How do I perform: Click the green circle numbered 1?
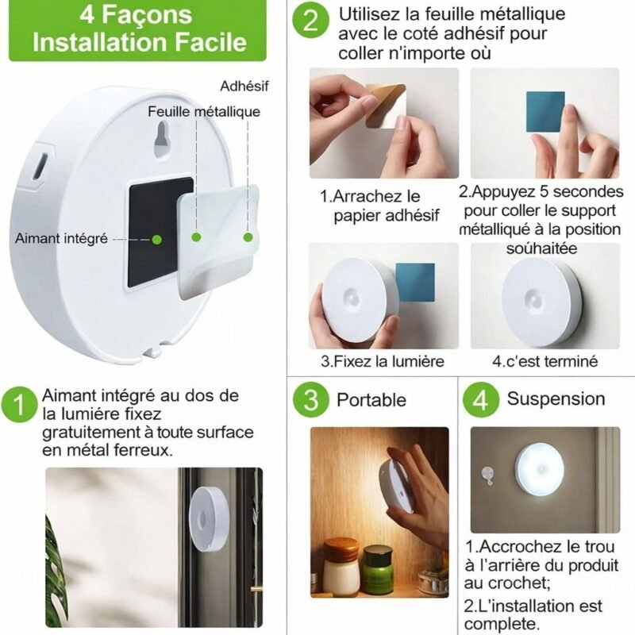19,405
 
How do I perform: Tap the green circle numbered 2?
310,21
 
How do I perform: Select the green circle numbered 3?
310,400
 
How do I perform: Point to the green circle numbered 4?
481,400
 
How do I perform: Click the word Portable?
371,400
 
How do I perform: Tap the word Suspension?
556,399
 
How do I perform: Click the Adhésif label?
244,86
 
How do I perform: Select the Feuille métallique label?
204,111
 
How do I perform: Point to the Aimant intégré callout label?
62,238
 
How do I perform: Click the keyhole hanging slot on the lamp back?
163,139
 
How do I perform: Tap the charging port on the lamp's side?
41,167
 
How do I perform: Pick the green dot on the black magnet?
156,240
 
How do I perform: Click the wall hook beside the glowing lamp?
487,475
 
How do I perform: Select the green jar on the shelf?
379,570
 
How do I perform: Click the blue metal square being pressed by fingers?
545,112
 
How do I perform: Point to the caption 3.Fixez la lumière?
383,361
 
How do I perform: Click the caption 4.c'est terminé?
545,361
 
